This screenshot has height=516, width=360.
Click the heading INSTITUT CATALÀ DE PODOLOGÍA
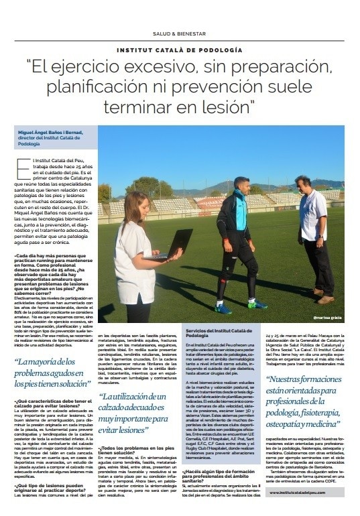pyautogui.click(x=180, y=50)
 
